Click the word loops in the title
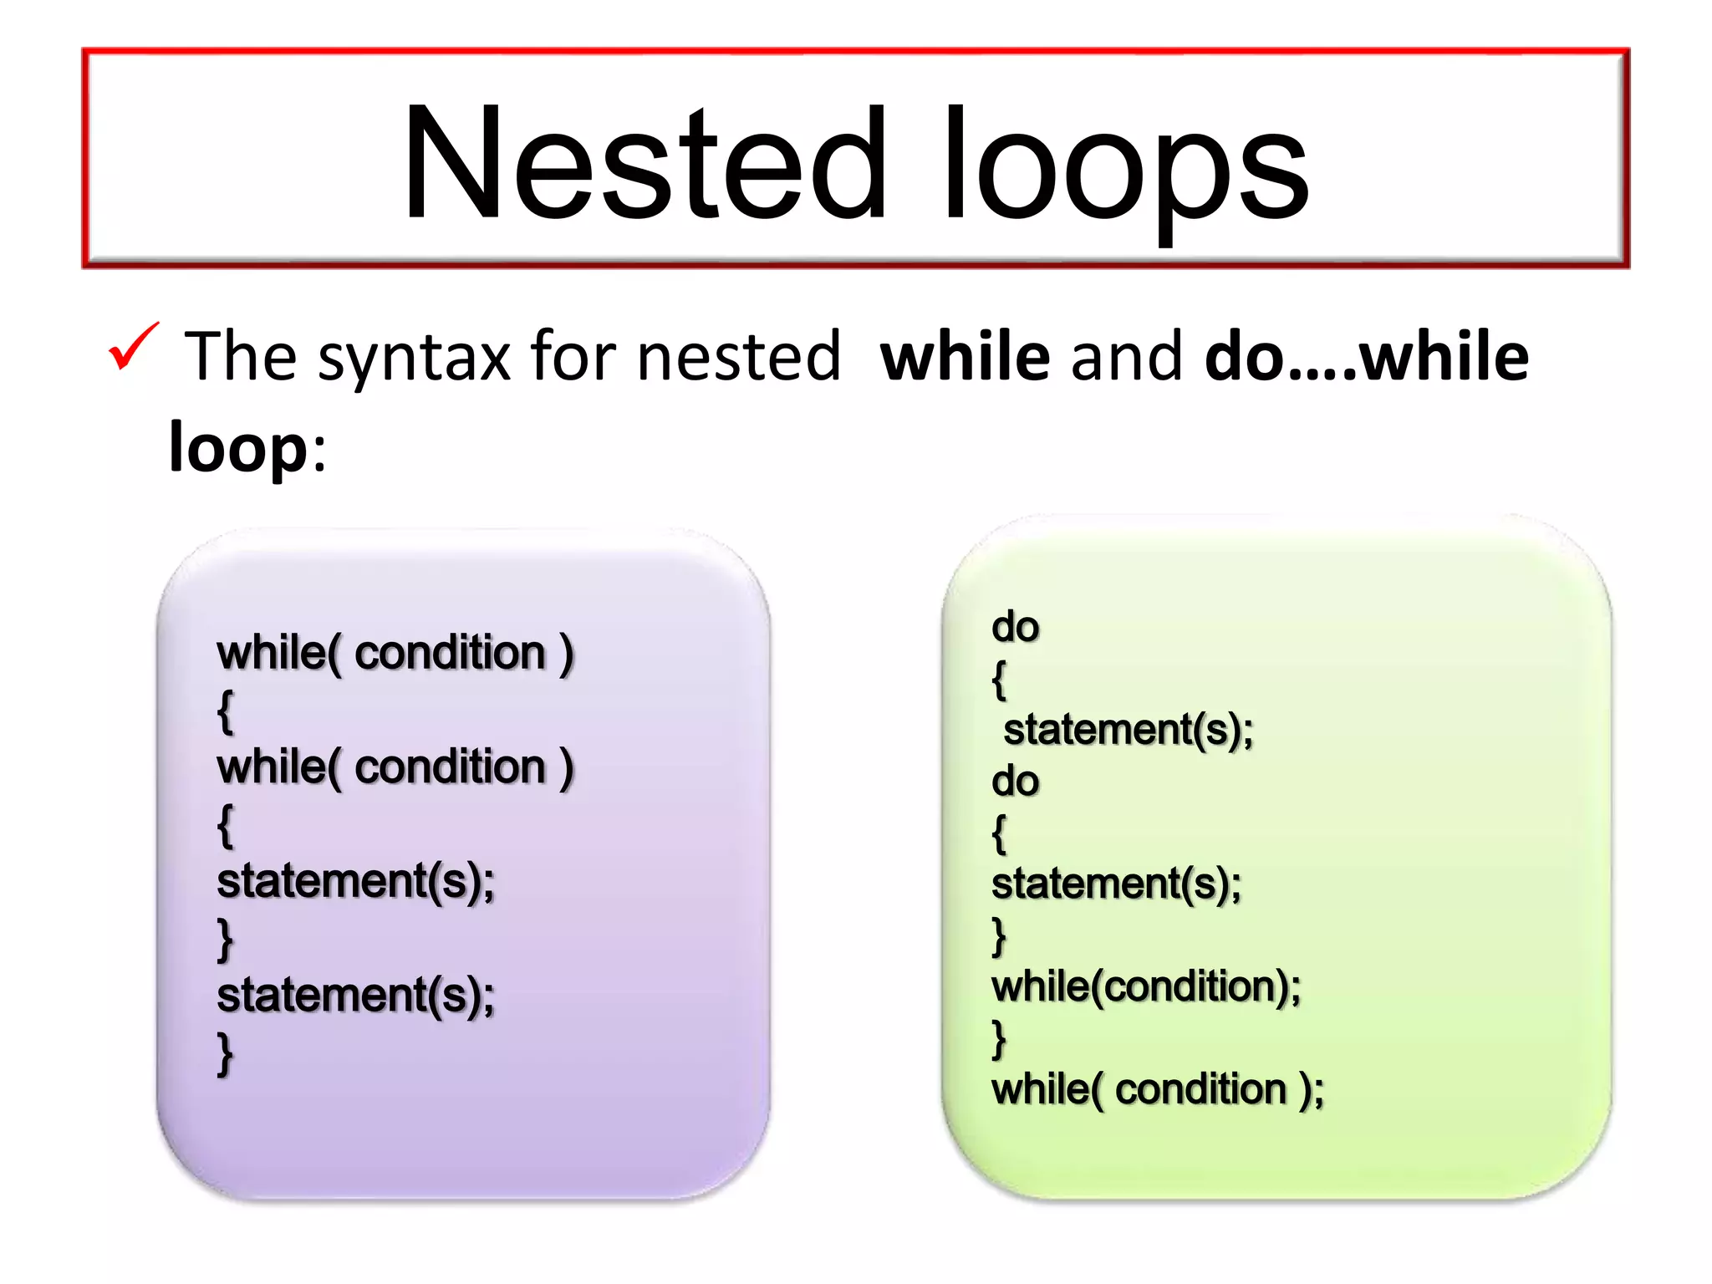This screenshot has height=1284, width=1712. pyautogui.click(x=1124, y=167)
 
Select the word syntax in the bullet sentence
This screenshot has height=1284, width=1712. pyautogui.click(x=413, y=358)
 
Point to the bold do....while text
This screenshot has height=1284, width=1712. pyautogui.click(x=1366, y=357)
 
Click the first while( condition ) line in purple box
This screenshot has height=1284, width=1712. pyautogui.click(x=395, y=653)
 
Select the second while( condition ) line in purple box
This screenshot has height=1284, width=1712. pyautogui.click(x=395, y=767)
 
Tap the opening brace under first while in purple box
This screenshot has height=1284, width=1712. pyautogui.click(x=225, y=711)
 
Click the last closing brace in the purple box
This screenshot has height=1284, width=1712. pyautogui.click(x=224, y=1055)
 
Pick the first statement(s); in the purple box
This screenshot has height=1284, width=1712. pyautogui.click(x=355, y=882)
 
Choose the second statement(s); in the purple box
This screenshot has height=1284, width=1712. pyautogui.click(x=355, y=996)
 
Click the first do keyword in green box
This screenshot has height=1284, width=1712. pyautogui.click(x=1015, y=627)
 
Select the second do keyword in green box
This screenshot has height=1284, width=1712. pyautogui.click(x=1015, y=782)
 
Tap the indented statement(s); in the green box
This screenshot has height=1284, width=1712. pyautogui.click(x=1128, y=730)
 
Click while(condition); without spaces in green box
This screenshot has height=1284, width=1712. pyautogui.click(x=1145, y=987)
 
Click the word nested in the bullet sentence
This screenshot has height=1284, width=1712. pyautogui.click(x=738, y=357)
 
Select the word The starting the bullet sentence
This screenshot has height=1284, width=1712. pyautogui.click(x=241, y=357)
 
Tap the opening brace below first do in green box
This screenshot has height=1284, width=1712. pyautogui.click(x=999, y=679)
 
